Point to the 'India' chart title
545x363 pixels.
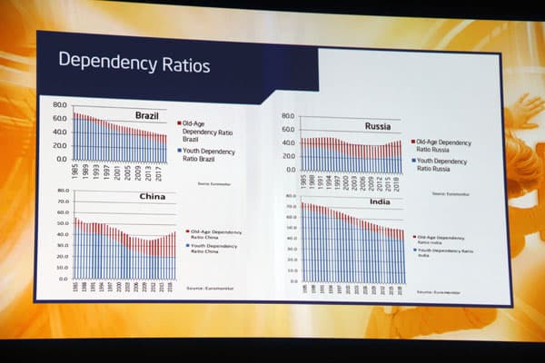click(380, 201)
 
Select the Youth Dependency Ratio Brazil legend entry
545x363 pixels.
click(207, 155)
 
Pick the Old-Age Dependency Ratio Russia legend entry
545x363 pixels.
click(443, 148)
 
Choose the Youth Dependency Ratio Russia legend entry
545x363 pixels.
click(443, 167)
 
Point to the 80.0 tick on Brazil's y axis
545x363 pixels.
click(60, 104)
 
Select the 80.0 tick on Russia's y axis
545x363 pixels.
click(288, 117)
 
